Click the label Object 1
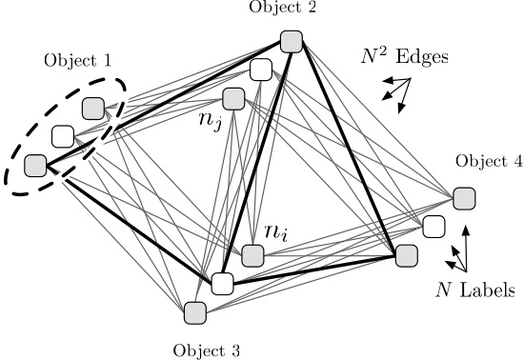78,60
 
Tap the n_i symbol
276,231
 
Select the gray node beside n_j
233,98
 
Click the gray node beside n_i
252,255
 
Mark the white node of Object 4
433,226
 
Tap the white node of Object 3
222,283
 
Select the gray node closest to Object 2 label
292,41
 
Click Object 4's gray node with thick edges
406,255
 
